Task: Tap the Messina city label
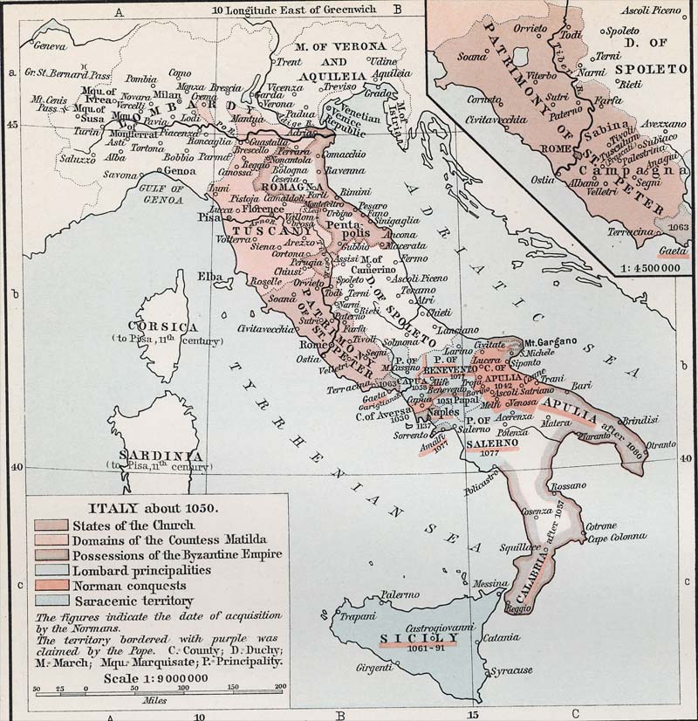[489, 584]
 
